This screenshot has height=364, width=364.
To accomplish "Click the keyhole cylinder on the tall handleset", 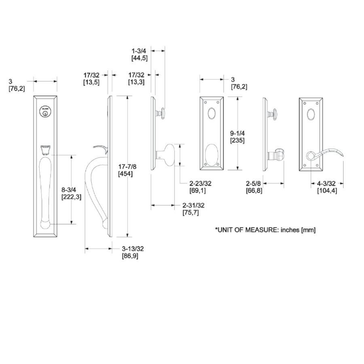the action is coord(45,111).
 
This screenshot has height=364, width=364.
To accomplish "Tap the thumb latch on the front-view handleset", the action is coord(45,150).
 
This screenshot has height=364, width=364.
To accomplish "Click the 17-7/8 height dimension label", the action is coord(127,167).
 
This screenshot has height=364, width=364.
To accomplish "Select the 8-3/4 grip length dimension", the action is coord(69,190).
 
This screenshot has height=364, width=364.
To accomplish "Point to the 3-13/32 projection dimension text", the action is coord(133,249).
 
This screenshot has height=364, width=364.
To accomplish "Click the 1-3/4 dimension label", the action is coord(139,51).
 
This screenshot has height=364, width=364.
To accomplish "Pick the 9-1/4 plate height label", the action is coord(237,133).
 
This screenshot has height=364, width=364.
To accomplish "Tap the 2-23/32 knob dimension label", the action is coord(200,183).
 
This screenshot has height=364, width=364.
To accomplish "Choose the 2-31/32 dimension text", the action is coord(193,205).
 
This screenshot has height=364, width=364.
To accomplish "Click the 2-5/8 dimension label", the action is coord(253,184).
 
